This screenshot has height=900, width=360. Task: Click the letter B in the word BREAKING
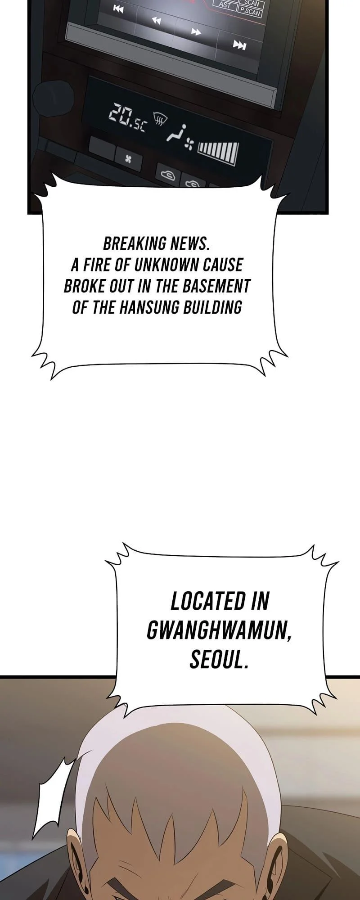point(108,243)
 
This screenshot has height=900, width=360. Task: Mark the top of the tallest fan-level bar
point(234,144)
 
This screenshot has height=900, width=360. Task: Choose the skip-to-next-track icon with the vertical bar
point(239,45)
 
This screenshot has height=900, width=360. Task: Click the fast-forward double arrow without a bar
point(196,31)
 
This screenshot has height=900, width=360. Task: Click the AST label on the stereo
point(225,5)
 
